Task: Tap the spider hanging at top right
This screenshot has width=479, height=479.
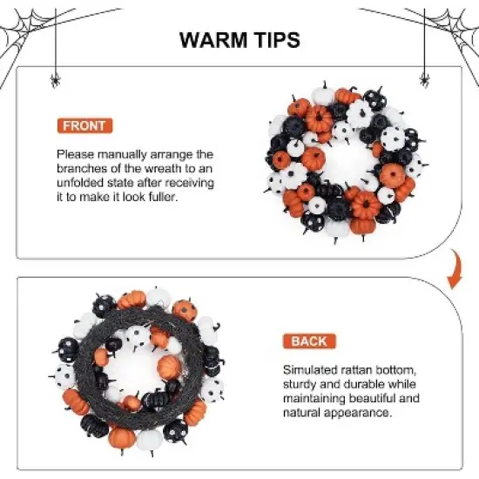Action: pos(425,80)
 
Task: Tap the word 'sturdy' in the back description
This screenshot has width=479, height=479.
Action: pos(304,384)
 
